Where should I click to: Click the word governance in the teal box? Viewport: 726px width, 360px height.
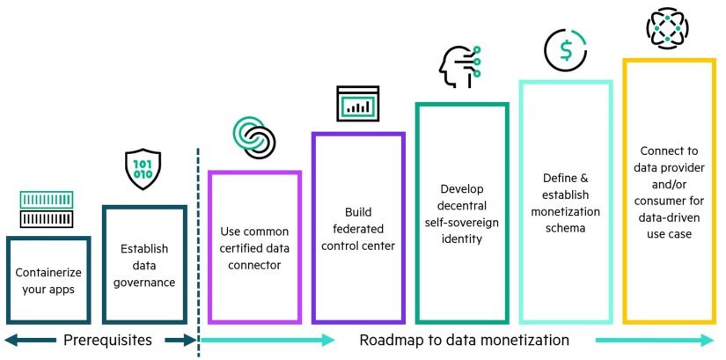click(144, 283)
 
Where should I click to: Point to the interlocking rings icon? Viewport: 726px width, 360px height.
click(254, 136)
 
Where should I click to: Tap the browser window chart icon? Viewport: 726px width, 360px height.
click(357, 103)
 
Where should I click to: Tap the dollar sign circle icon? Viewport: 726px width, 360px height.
click(565, 50)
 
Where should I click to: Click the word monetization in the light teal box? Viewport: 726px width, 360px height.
click(565, 212)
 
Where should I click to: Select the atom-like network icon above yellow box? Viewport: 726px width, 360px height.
click(668, 26)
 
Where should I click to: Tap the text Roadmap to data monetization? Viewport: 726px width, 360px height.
click(465, 341)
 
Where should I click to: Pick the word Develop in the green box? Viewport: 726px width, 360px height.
click(462, 188)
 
